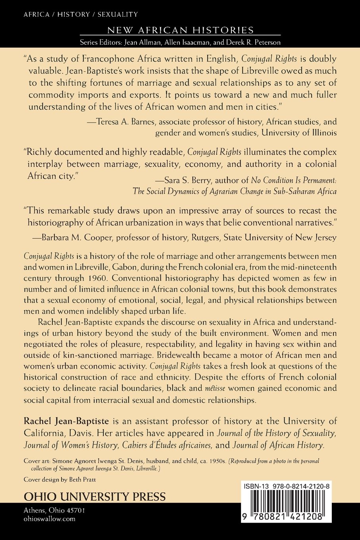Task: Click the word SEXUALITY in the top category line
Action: click(117, 14)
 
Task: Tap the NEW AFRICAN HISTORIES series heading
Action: click(180, 30)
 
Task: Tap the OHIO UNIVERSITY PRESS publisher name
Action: click(95, 497)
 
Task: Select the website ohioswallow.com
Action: click(49, 519)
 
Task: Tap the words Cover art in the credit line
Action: click(35, 461)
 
